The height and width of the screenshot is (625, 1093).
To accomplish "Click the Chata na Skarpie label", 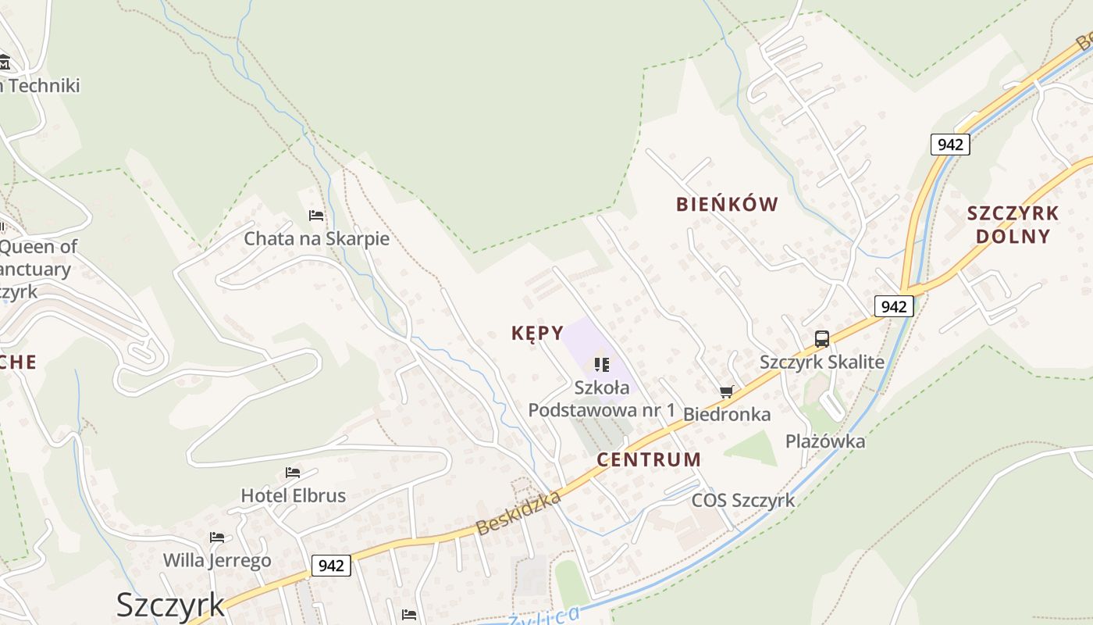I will (316, 238).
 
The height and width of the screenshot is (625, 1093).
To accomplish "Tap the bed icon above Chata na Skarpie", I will (316, 215).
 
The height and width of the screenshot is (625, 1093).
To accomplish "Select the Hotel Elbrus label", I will (293, 495).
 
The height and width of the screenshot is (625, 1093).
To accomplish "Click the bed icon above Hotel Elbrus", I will (293, 473).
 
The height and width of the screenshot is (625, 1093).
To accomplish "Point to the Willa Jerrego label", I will (217, 560).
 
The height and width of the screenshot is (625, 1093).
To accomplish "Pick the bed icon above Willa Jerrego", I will (217, 537).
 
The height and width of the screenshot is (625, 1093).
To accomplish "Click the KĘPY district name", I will (537, 334).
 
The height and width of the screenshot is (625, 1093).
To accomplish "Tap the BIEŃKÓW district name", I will (727, 205).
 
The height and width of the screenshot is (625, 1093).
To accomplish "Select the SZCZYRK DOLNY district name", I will (1013, 224).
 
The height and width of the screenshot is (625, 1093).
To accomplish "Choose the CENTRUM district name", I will (649, 459).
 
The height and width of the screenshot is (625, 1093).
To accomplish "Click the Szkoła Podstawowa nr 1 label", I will (601, 398).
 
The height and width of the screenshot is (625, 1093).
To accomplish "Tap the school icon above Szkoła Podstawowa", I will (601, 364).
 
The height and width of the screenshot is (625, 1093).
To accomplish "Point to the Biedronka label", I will (727, 414).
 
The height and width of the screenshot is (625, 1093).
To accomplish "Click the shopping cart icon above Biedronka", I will (727, 391).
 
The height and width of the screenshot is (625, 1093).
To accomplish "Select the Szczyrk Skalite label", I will (822, 362).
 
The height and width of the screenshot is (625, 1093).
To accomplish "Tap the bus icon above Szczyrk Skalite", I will (822, 339).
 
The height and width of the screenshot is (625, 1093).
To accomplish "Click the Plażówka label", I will (825, 441).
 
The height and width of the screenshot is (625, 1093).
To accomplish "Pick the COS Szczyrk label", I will (743, 500).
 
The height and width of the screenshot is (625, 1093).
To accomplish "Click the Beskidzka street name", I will (518, 513).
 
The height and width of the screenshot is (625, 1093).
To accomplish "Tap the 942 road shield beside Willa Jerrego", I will (331, 566).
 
